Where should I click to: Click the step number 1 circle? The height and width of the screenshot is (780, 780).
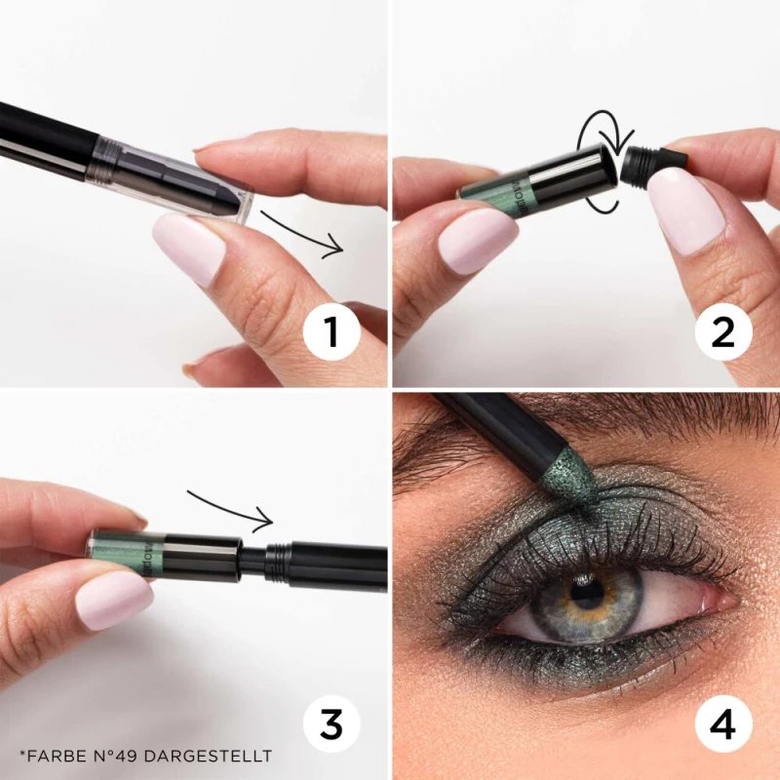point(331,332)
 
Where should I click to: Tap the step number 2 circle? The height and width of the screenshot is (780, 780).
point(722,332)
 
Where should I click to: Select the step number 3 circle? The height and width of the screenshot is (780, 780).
point(331,724)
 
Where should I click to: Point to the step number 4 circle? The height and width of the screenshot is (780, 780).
point(722,724)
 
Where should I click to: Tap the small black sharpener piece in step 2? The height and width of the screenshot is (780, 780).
point(646,160)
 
